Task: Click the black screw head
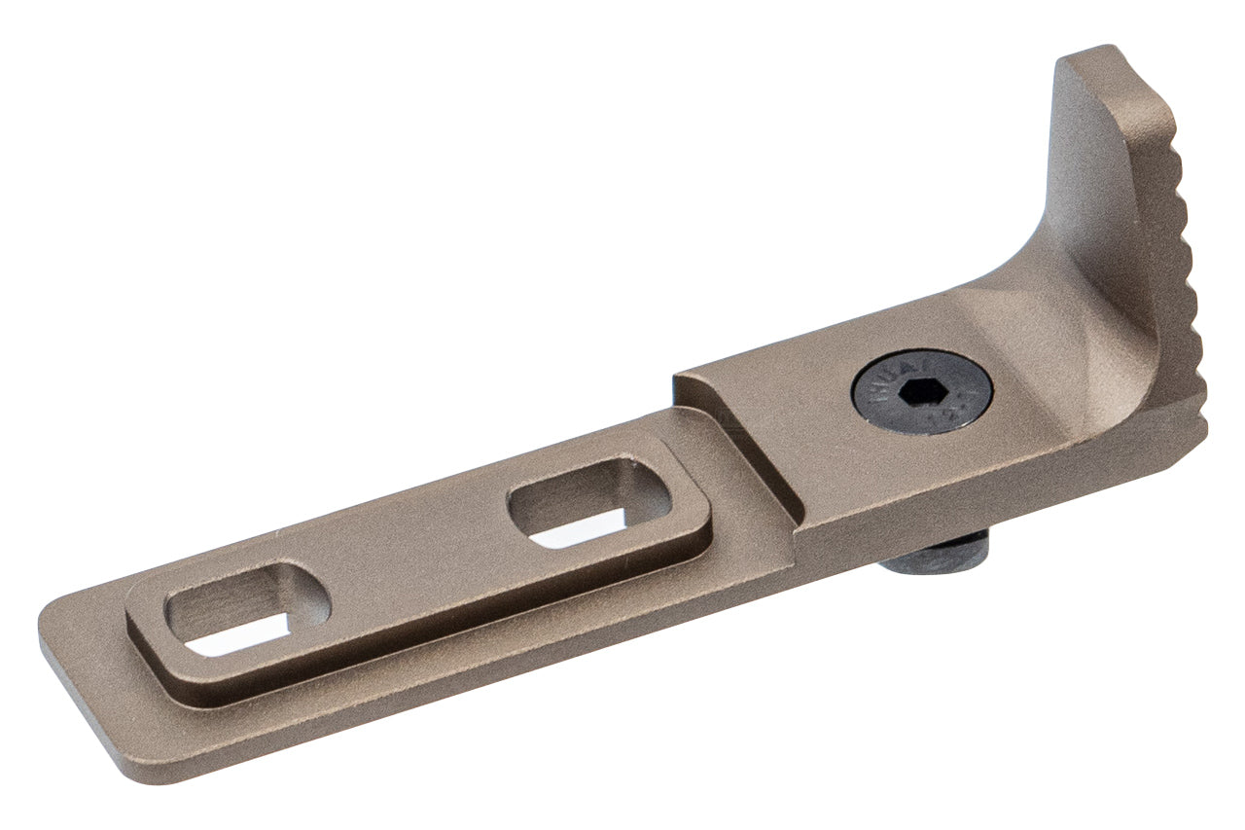click(x=921, y=392)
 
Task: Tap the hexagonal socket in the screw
click(x=923, y=393)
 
